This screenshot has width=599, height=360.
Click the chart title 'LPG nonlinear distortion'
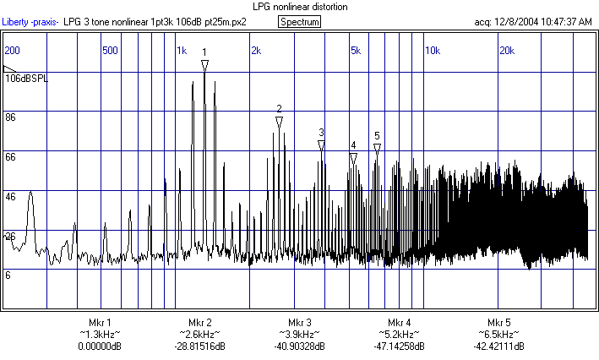(x=300, y=7)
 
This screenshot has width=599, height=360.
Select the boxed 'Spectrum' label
(x=300, y=21)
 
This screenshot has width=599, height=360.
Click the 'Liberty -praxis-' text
(x=30, y=21)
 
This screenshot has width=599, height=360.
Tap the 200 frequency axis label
(x=13, y=51)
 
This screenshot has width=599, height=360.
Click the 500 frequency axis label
(x=110, y=51)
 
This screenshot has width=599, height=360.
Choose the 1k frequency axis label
(x=182, y=51)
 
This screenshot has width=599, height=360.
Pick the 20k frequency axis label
(x=507, y=51)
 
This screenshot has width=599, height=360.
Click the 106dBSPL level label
(x=27, y=79)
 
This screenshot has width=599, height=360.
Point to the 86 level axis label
(x=11, y=117)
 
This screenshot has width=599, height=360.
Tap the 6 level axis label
(x=8, y=275)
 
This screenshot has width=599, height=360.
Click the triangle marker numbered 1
(x=204, y=64)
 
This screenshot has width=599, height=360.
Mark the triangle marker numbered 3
(x=321, y=145)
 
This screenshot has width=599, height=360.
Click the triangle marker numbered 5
(x=377, y=147)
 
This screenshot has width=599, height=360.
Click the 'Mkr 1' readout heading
(x=100, y=323)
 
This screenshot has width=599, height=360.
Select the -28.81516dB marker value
(x=199, y=346)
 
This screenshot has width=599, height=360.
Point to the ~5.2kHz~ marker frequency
(x=400, y=335)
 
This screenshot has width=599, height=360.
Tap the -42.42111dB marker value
(x=498, y=346)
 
